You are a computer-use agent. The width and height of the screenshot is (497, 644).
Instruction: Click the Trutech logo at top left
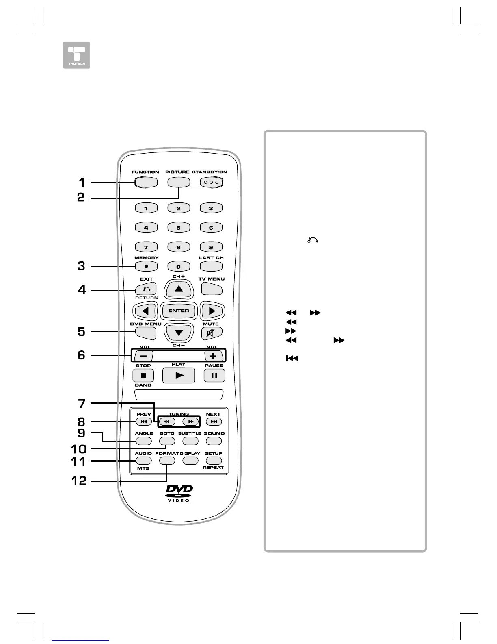coord(76,55)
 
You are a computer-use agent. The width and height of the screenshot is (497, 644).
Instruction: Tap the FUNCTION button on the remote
coord(145,182)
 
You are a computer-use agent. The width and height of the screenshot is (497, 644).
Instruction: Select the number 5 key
coord(178,228)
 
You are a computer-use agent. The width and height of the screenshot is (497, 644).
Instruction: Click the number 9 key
coord(211,247)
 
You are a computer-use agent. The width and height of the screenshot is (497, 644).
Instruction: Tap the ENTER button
coord(179,311)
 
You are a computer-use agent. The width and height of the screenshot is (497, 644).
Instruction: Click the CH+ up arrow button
coord(179,289)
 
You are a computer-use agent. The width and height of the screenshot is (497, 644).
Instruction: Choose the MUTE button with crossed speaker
coord(211,333)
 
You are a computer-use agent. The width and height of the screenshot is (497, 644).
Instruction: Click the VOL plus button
coord(214,356)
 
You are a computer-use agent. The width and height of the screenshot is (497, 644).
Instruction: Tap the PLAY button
coord(179,375)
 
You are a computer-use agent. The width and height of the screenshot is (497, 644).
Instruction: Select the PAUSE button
coord(214,375)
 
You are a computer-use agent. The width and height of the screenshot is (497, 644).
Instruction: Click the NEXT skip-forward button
coord(214,422)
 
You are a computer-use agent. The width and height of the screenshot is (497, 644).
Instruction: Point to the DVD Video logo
coord(179,494)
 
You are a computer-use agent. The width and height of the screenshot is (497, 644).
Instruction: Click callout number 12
coord(79,481)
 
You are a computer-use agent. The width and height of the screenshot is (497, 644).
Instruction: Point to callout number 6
coord(82,355)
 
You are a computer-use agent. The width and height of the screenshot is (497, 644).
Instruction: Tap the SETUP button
coord(214,461)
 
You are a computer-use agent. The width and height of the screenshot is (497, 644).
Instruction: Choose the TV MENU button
coord(212,289)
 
